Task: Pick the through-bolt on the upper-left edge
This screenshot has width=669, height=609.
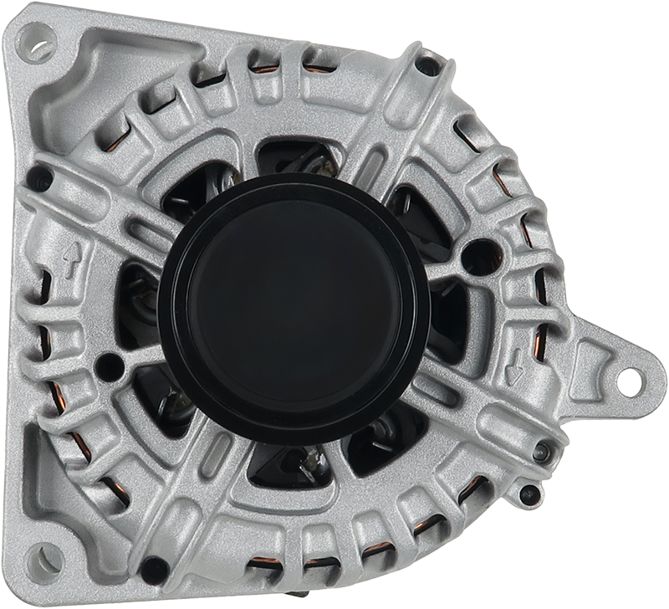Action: click(39, 177)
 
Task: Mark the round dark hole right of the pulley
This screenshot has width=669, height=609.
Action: click(479, 252)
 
